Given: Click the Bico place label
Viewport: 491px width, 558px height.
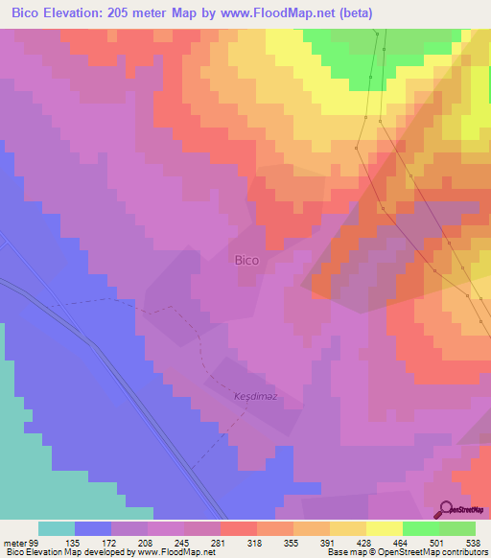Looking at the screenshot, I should point(246,259).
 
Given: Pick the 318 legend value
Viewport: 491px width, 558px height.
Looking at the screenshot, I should point(257,542).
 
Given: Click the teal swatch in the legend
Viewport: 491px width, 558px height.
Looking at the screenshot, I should point(57,528).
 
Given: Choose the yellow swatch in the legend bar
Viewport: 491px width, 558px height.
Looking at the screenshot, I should point(385,528).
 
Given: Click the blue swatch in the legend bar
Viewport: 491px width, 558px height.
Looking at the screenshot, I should point(93,528).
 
